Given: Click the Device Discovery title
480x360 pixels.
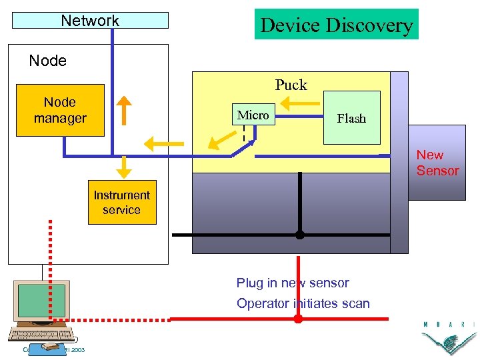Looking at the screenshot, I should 336,25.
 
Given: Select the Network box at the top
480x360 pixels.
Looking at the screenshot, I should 90,21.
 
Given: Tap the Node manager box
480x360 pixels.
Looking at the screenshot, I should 60,110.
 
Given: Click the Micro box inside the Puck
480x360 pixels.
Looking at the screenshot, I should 253,115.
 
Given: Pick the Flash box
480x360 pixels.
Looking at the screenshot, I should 351,118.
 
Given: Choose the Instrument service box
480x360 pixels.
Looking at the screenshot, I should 121,202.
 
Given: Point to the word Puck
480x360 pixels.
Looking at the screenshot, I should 291,85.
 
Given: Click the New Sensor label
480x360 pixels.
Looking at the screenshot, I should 437,163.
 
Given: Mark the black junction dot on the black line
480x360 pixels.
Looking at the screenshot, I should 300,235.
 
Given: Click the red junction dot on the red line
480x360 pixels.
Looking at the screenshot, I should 298,319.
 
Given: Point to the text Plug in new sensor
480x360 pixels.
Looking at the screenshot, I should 293,283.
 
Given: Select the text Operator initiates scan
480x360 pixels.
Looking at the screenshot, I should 303,303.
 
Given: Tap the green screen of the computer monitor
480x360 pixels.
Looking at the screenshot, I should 41,301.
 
